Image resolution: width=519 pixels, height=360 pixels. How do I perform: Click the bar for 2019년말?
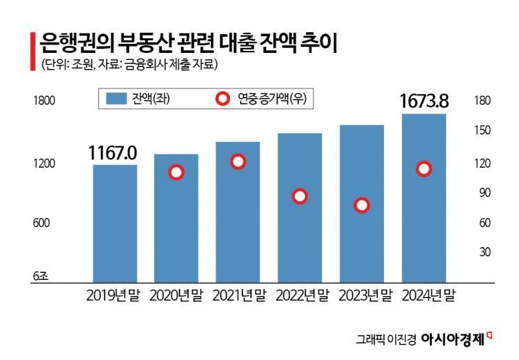pyautogui.click(x=115, y=223)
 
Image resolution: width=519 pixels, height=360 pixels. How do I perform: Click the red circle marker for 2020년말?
pyautogui.click(x=176, y=173)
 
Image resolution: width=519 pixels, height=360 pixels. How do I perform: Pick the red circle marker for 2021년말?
pyautogui.click(x=238, y=162)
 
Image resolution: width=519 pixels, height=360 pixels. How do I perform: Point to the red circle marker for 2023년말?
pyautogui.click(x=362, y=205)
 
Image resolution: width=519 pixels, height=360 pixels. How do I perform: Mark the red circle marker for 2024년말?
pyautogui.click(x=424, y=169)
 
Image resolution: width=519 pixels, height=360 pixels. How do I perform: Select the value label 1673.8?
pyautogui.click(x=424, y=102)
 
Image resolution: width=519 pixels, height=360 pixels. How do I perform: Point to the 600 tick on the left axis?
pyautogui.click(x=42, y=223)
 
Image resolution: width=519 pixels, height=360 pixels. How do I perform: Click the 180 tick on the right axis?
pyautogui.click(x=482, y=101)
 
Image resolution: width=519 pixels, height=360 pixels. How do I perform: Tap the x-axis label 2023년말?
pyautogui.click(x=362, y=295)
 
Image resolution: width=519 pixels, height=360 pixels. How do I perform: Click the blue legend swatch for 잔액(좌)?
pyautogui.click(x=116, y=100)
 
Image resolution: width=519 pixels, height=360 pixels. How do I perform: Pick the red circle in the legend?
pyautogui.click(x=222, y=100)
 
